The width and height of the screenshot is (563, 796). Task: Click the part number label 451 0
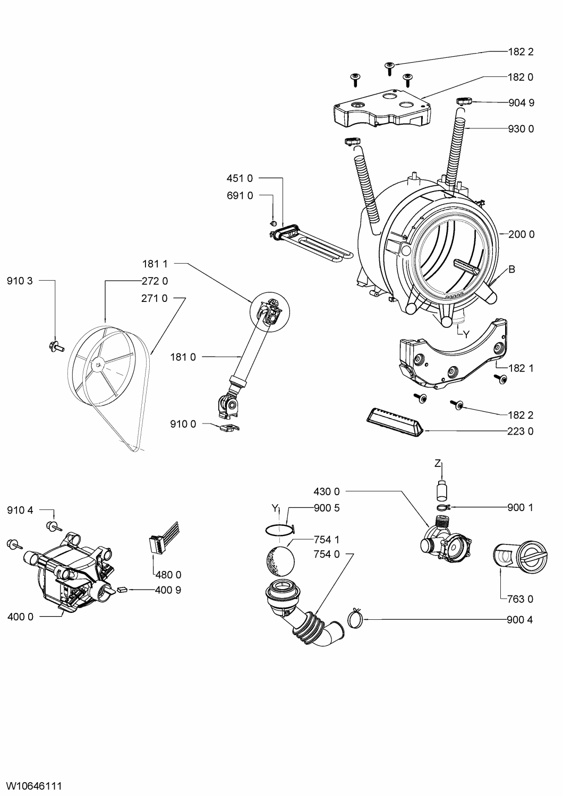click(x=240, y=178)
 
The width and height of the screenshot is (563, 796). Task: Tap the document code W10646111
click(x=35, y=786)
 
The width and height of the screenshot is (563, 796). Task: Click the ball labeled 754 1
click(x=280, y=561)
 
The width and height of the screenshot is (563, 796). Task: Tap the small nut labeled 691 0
click(x=274, y=223)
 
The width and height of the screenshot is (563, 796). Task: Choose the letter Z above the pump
click(x=438, y=463)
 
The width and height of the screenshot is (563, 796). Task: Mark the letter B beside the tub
click(x=512, y=269)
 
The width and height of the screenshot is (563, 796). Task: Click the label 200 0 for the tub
click(x=522, y=234)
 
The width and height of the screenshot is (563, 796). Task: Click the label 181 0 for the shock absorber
click(x=183, y=357)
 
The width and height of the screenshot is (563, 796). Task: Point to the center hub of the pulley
click(x=98, y=364)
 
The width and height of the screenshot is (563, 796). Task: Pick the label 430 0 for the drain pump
click(x=327, y=491)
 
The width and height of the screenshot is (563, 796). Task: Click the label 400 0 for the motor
click(x=20, y=617)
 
